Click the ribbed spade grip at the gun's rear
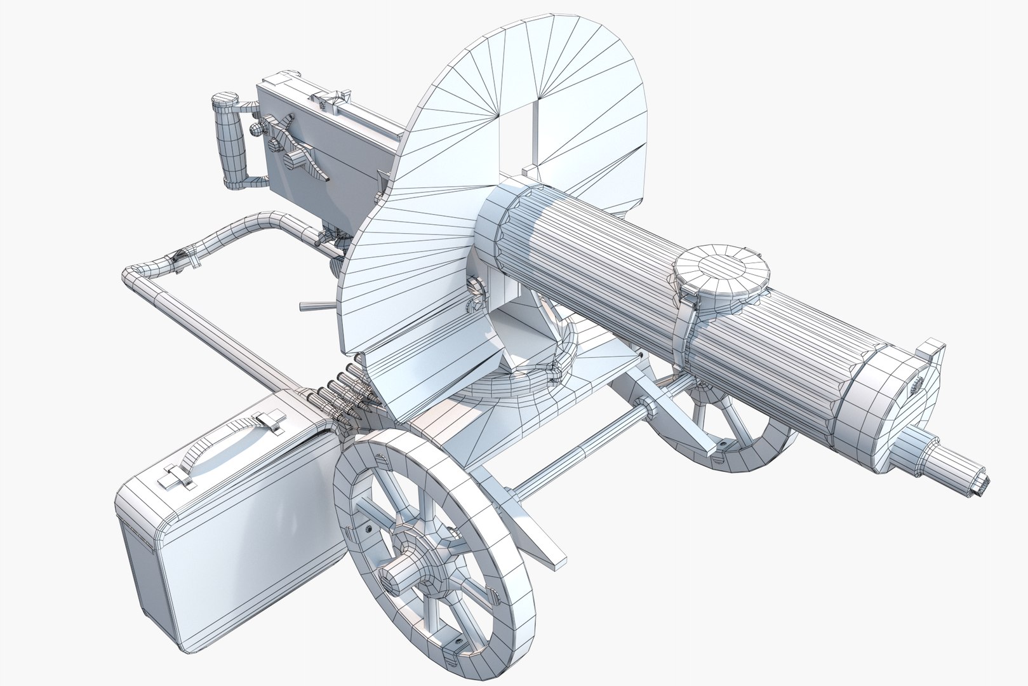tap(230, 142)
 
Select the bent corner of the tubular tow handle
tap(137, 277)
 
